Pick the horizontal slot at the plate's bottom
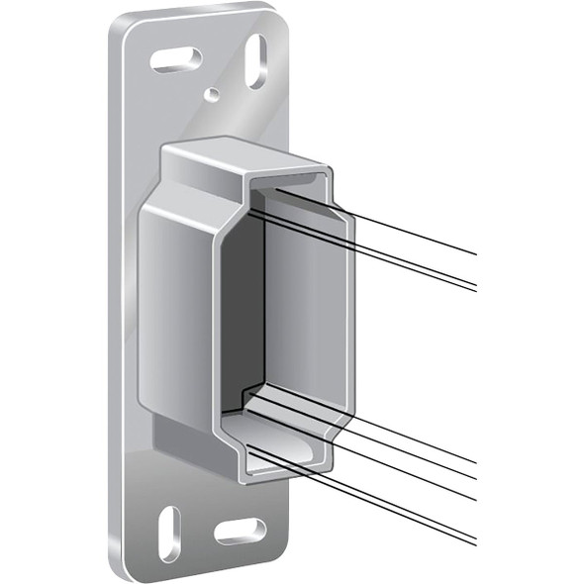point(241,532)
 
